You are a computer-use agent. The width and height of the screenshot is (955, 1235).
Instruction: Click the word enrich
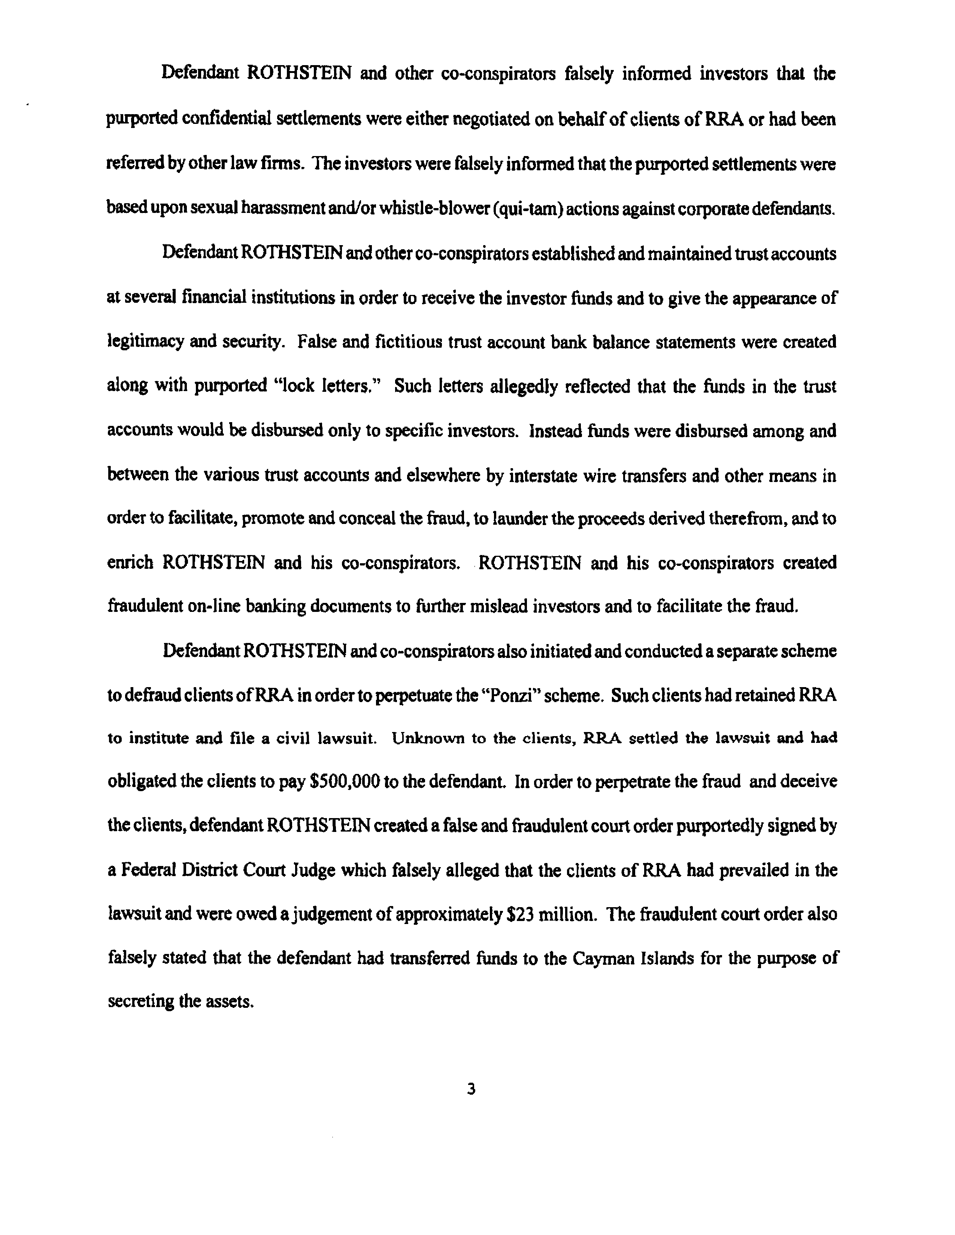point(130,562)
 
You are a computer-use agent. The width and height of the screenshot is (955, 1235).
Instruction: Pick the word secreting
point(141,1002)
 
